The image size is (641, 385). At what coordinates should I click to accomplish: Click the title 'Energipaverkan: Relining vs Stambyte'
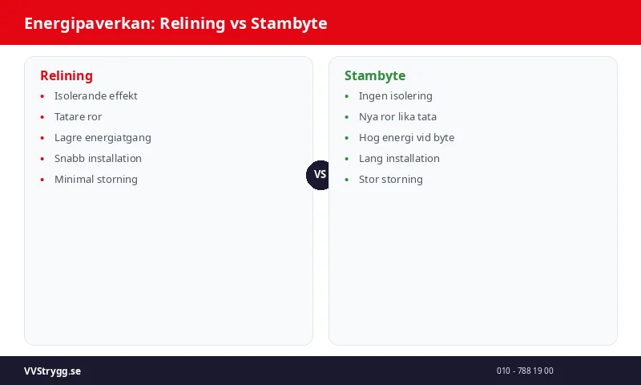point(175,23)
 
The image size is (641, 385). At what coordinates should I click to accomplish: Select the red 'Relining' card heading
point(67,76)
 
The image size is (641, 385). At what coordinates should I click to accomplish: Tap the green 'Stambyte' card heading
point(375,76)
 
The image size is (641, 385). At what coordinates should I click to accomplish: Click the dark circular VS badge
point(320,175)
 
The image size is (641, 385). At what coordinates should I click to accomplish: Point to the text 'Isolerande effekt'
point(96,96)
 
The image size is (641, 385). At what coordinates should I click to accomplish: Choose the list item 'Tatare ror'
point(78,117)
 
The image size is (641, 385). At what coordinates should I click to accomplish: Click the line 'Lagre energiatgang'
point(103,138)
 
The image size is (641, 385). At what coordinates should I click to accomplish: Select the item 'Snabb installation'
point(98,159)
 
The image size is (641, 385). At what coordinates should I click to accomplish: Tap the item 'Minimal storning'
point(96,180)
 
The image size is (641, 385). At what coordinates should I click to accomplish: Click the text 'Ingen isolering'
point(395,96)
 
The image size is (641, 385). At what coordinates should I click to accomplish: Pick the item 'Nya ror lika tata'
point(397,117)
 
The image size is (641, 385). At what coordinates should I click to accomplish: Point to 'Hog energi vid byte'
point(406,138)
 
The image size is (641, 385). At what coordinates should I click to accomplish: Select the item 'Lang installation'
point(399,159)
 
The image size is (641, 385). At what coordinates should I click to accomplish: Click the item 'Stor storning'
point(390,180)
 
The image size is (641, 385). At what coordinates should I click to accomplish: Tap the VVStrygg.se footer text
point(52,371)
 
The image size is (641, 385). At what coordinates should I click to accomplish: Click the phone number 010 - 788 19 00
point(525,371)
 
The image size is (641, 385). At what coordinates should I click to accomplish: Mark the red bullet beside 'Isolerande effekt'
point(42,96)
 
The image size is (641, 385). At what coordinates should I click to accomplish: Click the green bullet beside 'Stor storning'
point(347,180)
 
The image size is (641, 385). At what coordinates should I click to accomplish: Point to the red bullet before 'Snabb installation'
point(42,159)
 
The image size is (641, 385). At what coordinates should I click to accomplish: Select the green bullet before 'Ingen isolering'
point(347,96)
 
